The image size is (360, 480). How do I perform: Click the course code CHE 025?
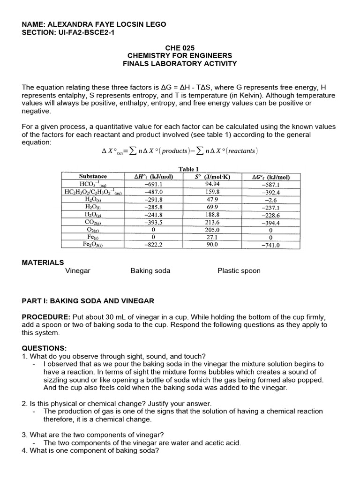[x=180, y=48]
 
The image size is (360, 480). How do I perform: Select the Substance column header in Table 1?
[x=93, y=177]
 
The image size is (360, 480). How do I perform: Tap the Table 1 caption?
[x=189, y=169]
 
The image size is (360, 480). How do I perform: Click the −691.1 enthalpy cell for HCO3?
[x=154, y=184]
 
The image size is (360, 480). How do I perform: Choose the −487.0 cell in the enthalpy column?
[x=154, y=192]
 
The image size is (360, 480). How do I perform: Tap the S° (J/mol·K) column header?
[x=212, y=177]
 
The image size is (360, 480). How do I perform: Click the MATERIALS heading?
[x=43, y=262]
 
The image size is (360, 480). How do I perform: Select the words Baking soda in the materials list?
[x=150, y=271]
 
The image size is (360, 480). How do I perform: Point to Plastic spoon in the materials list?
[x=239, y=271]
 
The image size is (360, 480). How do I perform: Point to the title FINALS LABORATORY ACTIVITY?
[x=180, y=63]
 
